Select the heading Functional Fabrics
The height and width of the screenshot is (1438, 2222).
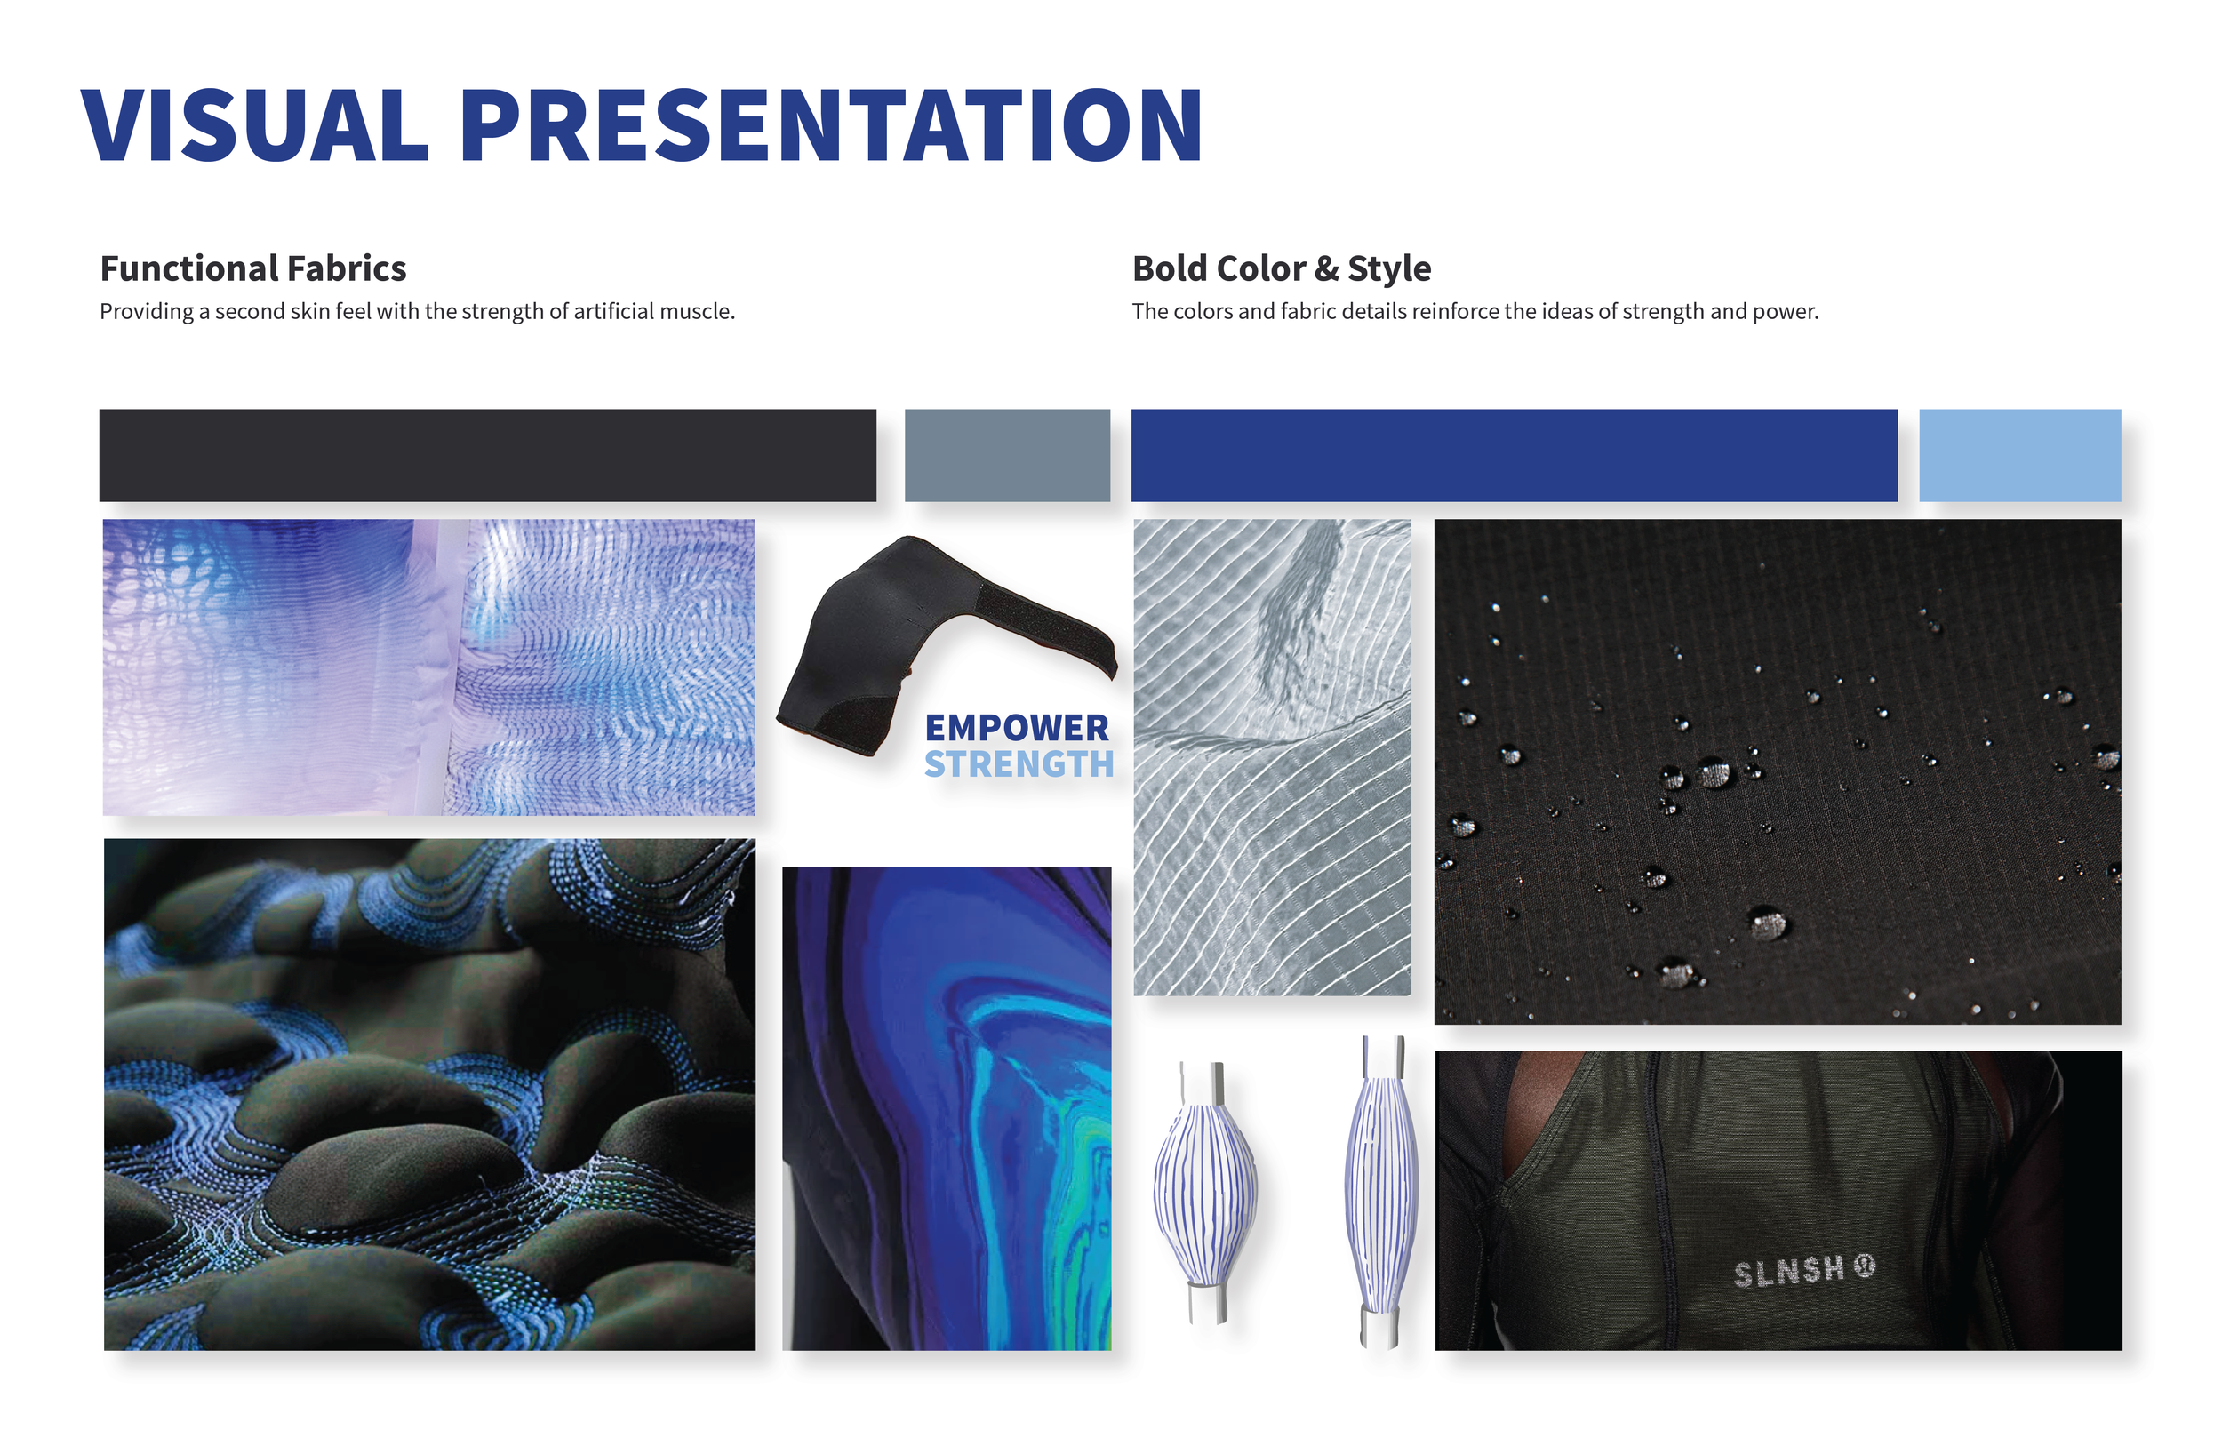pyautogui.click(x=253, y=269)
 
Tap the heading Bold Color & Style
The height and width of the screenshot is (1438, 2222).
pyautogui.click(x=1281, y=269)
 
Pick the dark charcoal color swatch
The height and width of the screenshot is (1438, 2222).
pyautogui.click(x=487, y=456)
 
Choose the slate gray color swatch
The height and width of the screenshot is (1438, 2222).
pyautogui.click(x=1006, y=456)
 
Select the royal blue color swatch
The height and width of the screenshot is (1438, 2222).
pyautogui.click(x=1514, y=456)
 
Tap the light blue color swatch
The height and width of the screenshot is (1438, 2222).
pyautogui.click(x=2019, y=456)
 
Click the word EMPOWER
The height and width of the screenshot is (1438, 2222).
pyautogui.click(x=1017, y=729)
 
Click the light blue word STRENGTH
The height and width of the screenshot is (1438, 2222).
pyautogui.click(x=1019, y=764)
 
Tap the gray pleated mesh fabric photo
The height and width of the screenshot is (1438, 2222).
pyautogui.click(x=1272, y=756)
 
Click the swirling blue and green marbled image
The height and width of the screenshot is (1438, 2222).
pyautogui.click(x=947, y=1108)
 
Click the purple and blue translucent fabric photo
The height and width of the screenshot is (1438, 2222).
pyautogui.click(x=428, y=667)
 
